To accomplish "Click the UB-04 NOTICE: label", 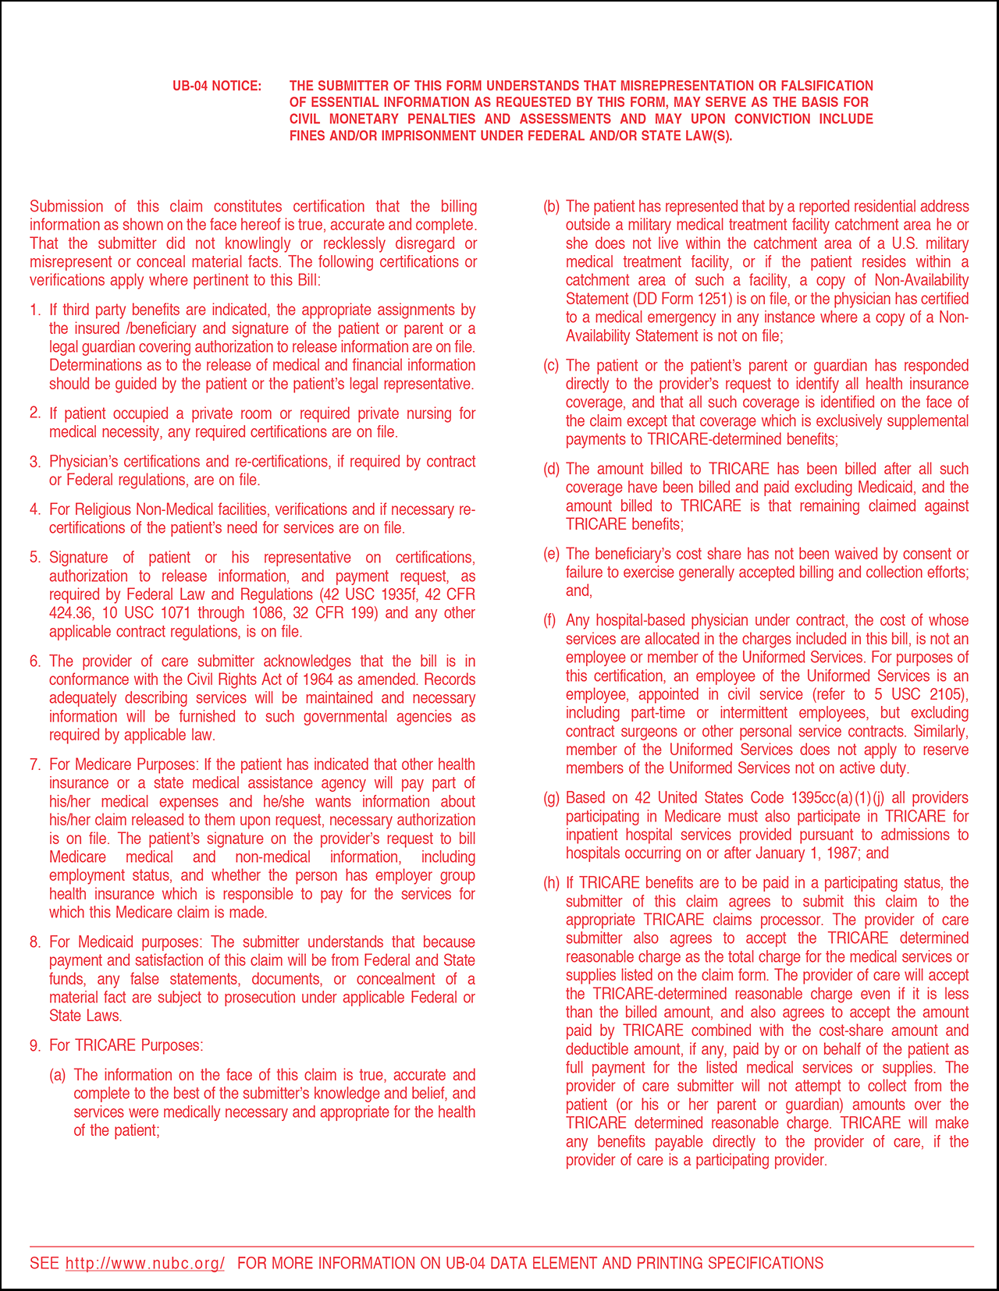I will tap(217, 86).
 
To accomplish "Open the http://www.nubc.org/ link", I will tap(145, 1263).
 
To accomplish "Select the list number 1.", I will tap(34, 310).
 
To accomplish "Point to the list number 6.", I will tap(34, 661).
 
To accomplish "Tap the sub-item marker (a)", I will tap(58, 1075).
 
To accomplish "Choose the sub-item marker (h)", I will tap(552, 883).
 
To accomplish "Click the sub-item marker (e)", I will tap(552, 554).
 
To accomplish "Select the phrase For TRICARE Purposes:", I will tap(126, 1045).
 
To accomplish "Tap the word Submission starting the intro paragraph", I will tap(66, 207).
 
